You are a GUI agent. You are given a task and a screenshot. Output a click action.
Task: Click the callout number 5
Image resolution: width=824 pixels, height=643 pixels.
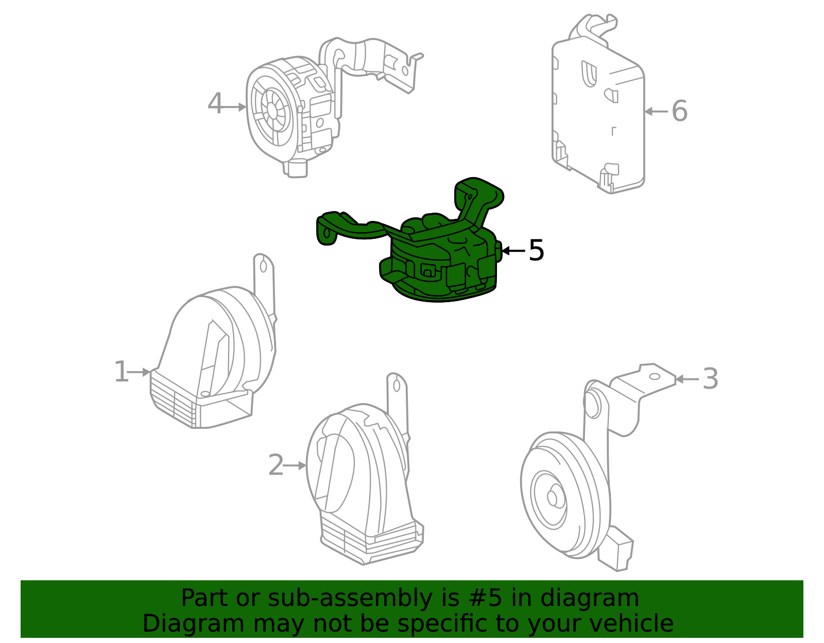pos(536,251)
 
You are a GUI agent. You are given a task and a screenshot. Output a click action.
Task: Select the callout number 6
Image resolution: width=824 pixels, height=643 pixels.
pos(679,111)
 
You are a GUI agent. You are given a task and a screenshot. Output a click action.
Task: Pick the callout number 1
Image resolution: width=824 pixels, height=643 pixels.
pos(121,372)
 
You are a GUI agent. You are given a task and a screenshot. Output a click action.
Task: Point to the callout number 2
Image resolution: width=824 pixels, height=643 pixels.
pos(276,465)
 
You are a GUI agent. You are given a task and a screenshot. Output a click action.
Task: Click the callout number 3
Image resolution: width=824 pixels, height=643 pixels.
pos(710,379)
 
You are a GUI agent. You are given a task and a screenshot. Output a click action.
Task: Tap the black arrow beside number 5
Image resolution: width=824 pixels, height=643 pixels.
pos(512,251)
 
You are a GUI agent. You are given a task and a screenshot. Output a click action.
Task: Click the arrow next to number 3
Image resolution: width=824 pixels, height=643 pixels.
pos(686,379)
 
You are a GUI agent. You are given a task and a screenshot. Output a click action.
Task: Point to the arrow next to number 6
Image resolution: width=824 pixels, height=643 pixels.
pos(656,111)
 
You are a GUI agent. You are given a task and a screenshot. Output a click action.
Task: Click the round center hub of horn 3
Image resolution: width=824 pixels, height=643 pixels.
pos(553,498)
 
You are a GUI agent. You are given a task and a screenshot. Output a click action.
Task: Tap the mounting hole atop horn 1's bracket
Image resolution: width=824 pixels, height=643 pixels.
pos(263,266)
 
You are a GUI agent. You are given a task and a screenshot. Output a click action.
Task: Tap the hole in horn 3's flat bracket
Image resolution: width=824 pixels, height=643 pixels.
pos(654,376)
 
